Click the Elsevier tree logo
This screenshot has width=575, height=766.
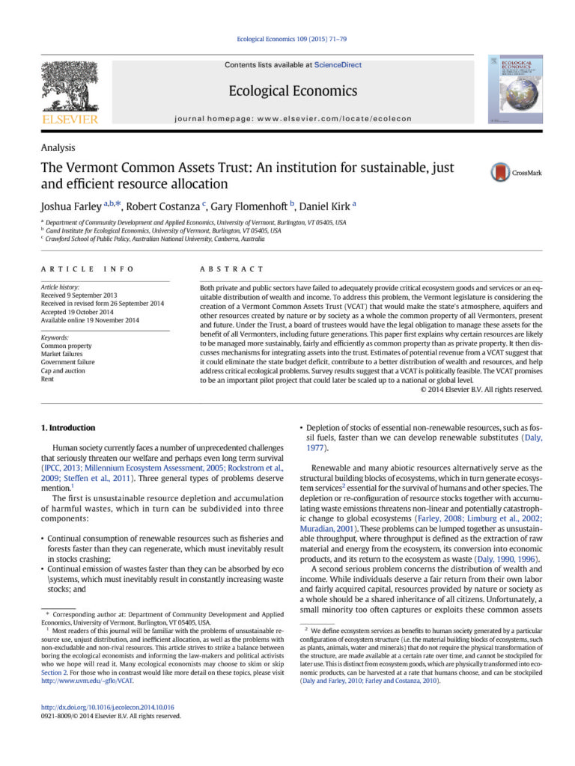coord(69,86)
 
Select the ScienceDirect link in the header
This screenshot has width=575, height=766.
coord(338,65)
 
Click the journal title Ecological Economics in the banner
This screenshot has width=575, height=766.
coord(293,91)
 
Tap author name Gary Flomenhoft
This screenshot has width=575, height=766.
coord(248,204)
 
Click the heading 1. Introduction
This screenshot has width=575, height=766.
coord(68,428)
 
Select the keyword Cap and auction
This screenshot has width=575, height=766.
coord(64,370)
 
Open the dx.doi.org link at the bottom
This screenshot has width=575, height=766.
coord(107,706)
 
